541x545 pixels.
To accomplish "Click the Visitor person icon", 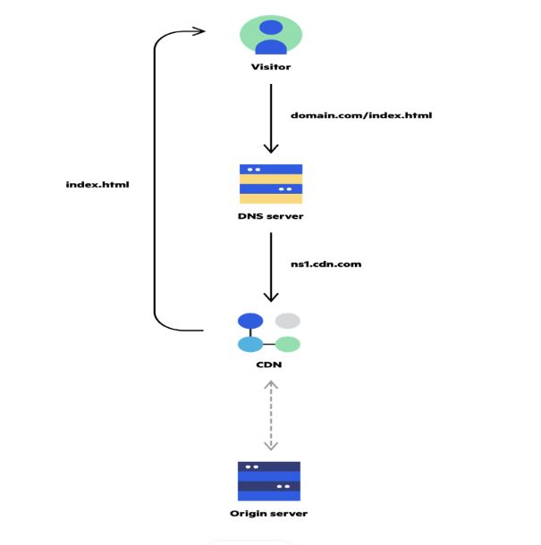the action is point(271,35).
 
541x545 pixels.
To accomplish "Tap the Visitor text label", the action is point(271,67).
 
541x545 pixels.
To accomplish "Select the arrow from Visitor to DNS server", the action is point(271,119).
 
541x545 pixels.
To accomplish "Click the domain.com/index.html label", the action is point(361,115).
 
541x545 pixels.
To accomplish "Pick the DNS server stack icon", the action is point(271,184).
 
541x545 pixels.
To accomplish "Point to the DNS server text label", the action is point(271,216).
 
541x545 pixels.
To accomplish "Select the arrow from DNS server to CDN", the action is point(271,267).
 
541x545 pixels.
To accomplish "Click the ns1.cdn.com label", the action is point(326,264).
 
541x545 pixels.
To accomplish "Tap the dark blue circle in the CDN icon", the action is point(250,321).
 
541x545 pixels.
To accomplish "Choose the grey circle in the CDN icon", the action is point(288,321).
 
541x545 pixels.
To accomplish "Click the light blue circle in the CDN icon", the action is point(250,345).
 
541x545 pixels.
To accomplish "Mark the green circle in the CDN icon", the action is point(288,345).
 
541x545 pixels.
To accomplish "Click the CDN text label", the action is point(269,365).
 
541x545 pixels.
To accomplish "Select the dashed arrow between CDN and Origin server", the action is point(271,415).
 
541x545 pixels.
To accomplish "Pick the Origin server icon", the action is point(269,482).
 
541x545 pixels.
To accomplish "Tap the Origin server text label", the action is point(269,514).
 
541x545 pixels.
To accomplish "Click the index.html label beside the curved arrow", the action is point(97,184).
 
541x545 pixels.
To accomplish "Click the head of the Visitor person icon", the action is point(271,28).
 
